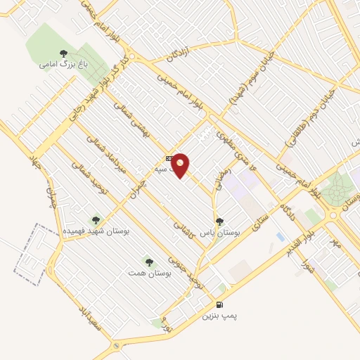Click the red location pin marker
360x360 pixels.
181,165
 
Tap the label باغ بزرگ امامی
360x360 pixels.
57,65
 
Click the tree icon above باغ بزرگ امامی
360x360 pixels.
63,53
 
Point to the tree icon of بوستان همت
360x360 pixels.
147,261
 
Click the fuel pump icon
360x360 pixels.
220,304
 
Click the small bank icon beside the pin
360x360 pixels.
168,157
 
